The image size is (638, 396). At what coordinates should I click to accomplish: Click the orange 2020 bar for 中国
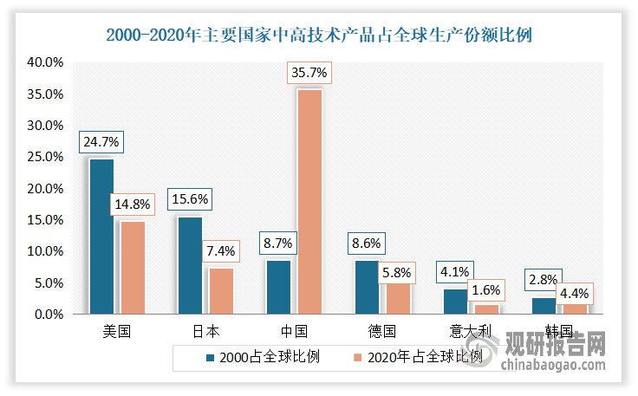click(x=309, y=201)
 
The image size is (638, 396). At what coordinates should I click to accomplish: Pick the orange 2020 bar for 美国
click(x=132, y=267)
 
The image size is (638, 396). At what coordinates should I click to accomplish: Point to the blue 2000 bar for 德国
click(x=368, y=287)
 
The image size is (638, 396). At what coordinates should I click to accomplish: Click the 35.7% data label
click(x=309, y=74)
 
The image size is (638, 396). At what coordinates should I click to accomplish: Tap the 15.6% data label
click(x=190, y=199)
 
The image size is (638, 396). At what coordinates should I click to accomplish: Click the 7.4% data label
click(x=220, y=251)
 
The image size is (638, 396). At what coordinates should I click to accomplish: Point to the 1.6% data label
click(x=485, y=288)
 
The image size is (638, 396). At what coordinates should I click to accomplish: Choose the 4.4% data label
click(x=572, y=293)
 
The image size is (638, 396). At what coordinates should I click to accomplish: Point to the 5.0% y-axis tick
click(x=49, y=283)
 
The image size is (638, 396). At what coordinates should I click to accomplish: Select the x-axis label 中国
click(x=294, y=331)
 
